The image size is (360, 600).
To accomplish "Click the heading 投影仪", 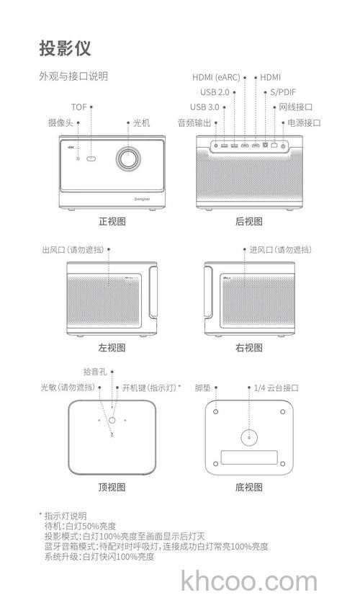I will (64, 49).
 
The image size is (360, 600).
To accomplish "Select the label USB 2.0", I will (214, 92).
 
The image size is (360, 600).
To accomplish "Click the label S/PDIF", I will (282, 92).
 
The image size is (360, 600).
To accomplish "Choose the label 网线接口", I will (296, 107).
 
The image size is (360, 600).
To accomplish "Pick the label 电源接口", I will (304, 123).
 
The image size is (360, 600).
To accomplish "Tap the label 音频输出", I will (194, 123).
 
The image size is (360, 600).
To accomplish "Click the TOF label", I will (79, 107).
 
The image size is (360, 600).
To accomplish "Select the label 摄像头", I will (61, 123).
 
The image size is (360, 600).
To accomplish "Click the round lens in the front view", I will (129, 159).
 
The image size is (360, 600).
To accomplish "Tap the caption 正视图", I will (112, 222).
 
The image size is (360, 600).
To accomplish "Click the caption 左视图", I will (112, 348).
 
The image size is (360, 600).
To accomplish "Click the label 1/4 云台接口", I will (276, 388).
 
